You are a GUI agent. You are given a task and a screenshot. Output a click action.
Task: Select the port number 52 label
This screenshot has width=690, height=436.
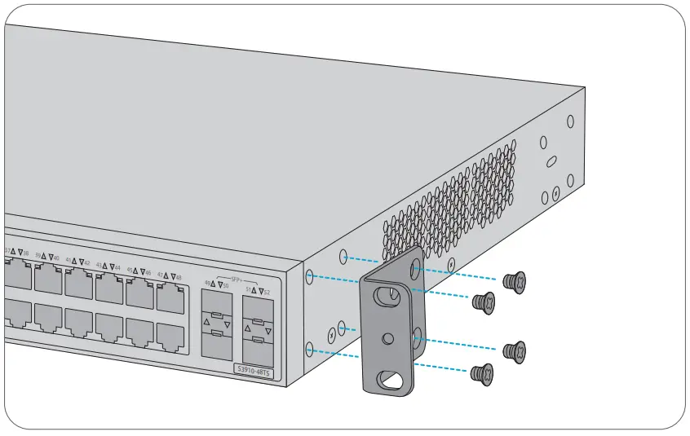tap(267, 291)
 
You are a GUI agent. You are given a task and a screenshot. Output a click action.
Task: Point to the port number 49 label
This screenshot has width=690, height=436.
tap(206, 284)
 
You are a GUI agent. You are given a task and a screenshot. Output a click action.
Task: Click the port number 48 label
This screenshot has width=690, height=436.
tap(178, 277)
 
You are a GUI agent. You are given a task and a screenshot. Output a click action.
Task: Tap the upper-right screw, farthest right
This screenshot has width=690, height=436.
tap(515, 282)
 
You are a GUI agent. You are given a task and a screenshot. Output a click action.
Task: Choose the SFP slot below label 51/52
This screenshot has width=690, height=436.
tap(257, 333)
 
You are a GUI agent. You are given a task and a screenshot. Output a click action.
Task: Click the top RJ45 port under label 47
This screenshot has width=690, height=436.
tap(170, 299)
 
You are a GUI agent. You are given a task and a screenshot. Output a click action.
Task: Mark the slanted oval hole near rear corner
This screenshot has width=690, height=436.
tap(551, 161)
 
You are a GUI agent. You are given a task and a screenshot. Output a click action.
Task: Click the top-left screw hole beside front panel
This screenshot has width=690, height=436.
tap(311, 278)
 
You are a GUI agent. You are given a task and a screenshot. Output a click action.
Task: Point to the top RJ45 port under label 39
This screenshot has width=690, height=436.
tap(47, 278)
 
